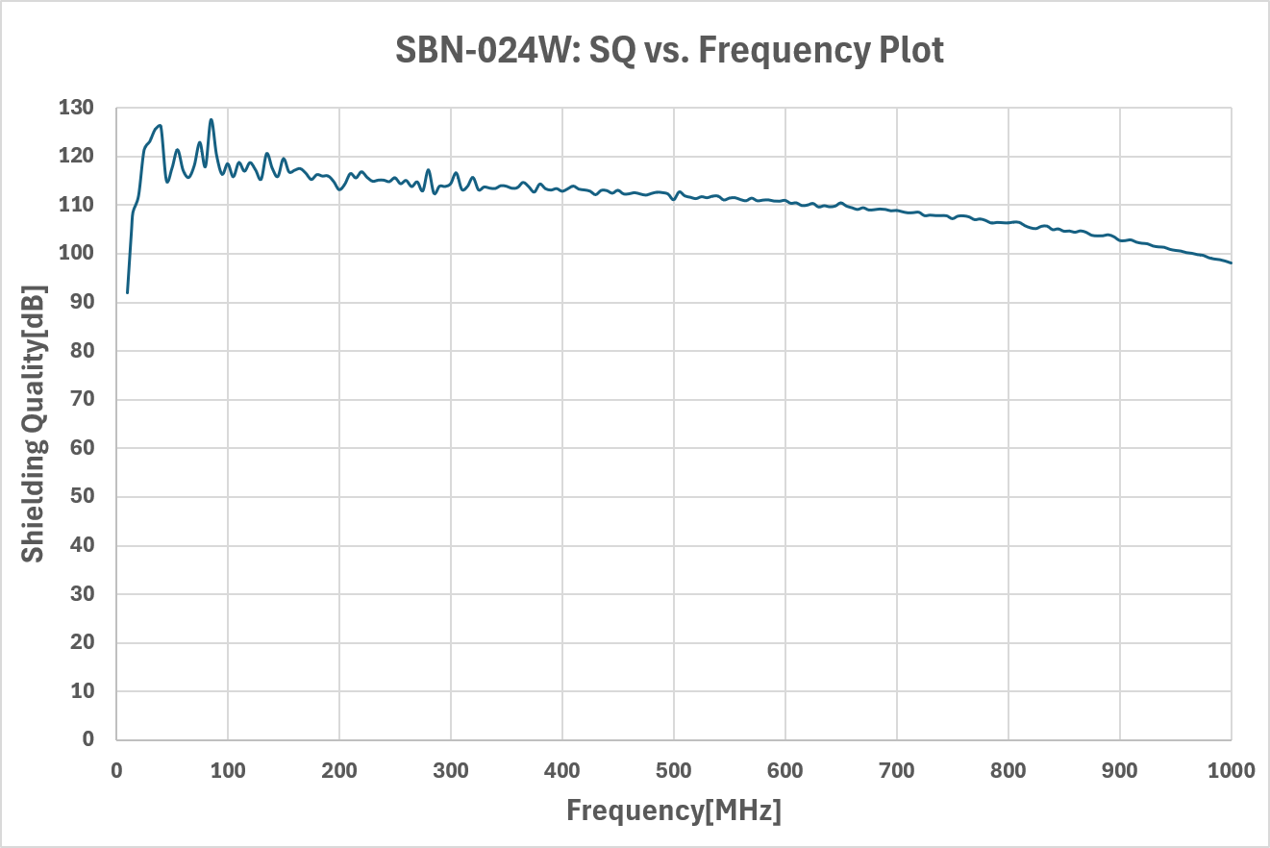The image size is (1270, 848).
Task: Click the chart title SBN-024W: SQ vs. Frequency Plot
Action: click(669, 50)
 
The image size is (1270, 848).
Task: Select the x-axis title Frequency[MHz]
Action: click(674, 810)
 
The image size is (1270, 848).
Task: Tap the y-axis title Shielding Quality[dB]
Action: click(33, 424)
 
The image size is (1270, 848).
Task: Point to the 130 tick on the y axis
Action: click(76, 107)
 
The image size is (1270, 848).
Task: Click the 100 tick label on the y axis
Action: click(76, 253)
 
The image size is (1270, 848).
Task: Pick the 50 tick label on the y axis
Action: click(83, 496)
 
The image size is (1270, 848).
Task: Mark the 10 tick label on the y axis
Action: click(83, 691)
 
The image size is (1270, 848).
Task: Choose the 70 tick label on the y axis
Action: click(83, 399)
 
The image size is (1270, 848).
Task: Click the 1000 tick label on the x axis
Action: click(1231, 771)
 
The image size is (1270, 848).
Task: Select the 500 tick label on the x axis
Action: click(674, 771)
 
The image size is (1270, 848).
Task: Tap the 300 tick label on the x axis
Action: click(451, 771)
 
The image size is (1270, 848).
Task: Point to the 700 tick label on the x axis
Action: click(897, 771)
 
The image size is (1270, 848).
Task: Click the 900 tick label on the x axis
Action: click(1120, 771)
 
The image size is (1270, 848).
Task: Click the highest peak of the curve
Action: click(211, 119)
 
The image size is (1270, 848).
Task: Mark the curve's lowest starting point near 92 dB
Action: click(127, 292)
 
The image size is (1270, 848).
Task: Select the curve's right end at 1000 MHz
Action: click(1231, 263)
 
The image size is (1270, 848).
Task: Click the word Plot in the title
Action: click(911, 50)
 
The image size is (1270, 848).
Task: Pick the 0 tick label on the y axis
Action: click(87, 739)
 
